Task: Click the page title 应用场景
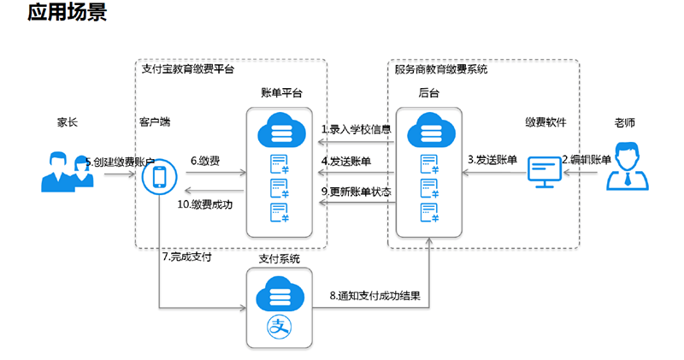pos(67,12)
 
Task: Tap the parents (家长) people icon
pos(68,172)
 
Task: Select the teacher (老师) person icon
pos(628,166)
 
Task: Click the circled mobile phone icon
pos(159,177)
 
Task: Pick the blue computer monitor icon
pos(544,172)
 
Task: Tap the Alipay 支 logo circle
pos(280,327)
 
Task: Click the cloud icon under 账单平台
pos(281,130)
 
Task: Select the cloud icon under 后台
pos(431,130)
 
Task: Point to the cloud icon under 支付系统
pos(280,294)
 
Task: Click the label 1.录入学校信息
pos(356,129)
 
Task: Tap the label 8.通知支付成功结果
pos(374,295)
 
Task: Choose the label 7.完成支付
pos(186,257)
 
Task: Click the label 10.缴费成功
pos(204,204)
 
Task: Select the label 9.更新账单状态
pos(356,192)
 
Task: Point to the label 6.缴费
pos(205,161)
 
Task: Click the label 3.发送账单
pos(492,160)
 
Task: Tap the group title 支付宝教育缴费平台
pos(188,69)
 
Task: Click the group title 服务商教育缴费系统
pos(441,69)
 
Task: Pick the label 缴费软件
pos(545,122)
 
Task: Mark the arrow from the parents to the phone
pos(120,174)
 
